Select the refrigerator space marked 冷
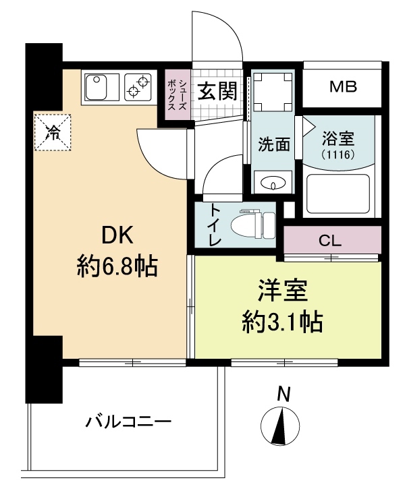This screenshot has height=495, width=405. (53, 132)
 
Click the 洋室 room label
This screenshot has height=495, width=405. (281, 291)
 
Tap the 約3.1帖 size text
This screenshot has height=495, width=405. (281, 322)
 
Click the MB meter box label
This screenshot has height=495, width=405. (342, 87)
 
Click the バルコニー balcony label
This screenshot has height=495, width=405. (128, 424)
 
